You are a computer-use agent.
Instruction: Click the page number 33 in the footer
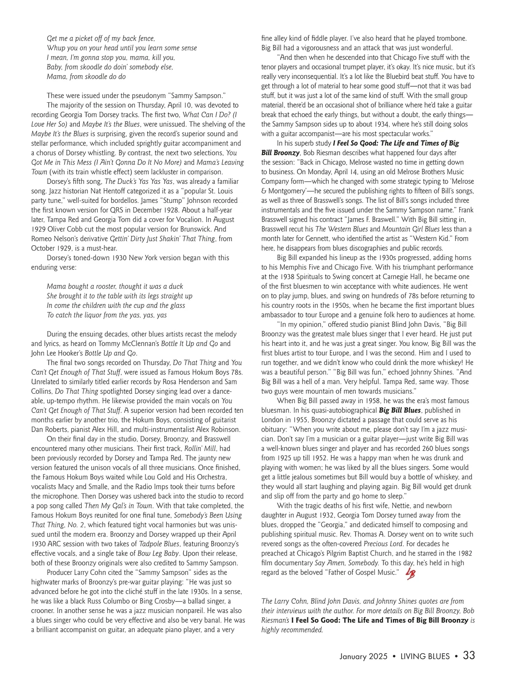(x=469, y=656)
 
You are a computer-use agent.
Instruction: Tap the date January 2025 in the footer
(x=363, y=657)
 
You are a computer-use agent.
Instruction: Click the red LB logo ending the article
(x=409, y=574)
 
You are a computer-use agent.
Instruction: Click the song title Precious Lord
(x=382, y=544)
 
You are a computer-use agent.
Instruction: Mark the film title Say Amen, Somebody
(x=346, y=563)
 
